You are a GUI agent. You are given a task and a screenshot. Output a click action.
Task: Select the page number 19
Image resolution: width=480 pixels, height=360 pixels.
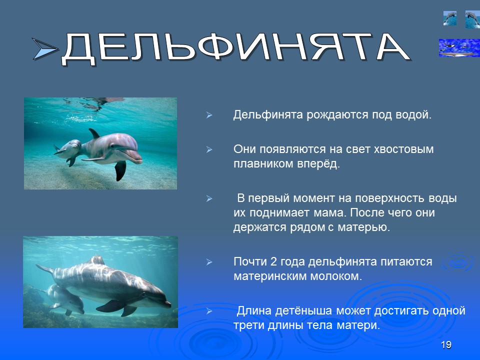[446, 345]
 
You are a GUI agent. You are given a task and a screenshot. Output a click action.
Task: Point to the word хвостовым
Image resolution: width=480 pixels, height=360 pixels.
[403, 149]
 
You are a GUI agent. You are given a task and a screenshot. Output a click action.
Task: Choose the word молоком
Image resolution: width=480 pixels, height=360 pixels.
[333, 276]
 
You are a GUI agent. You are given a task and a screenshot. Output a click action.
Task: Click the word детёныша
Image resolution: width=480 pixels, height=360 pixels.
[304, 311]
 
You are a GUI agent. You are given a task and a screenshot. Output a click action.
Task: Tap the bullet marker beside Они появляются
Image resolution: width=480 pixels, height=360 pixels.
[210, 150]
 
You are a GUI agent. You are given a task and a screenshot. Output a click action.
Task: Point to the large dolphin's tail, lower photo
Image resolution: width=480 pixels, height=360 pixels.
[45, 269]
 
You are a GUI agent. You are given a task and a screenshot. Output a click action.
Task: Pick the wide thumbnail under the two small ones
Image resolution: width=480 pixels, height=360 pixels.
[459, 47]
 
